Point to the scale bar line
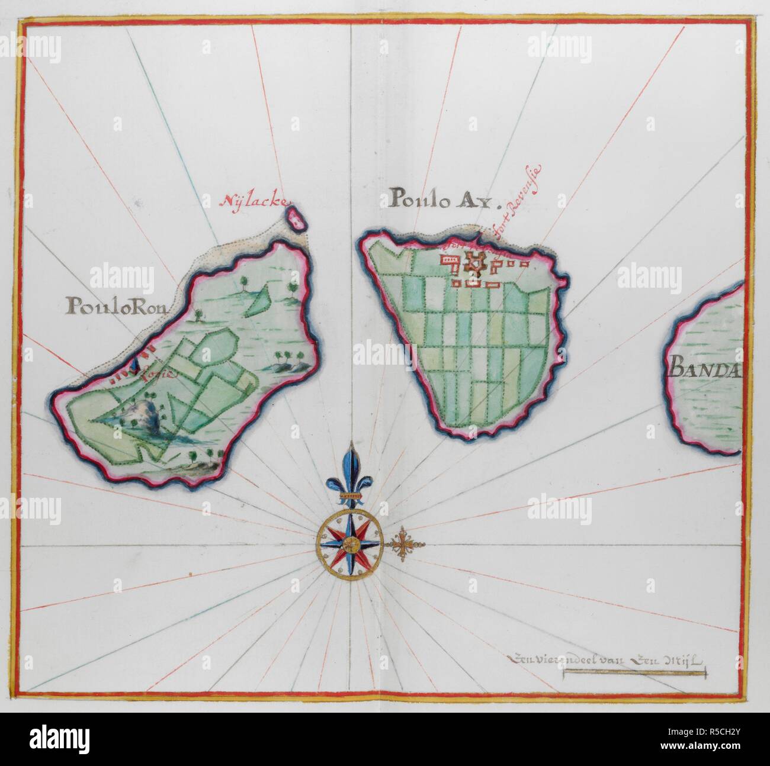634,673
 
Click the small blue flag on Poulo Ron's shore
135,366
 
